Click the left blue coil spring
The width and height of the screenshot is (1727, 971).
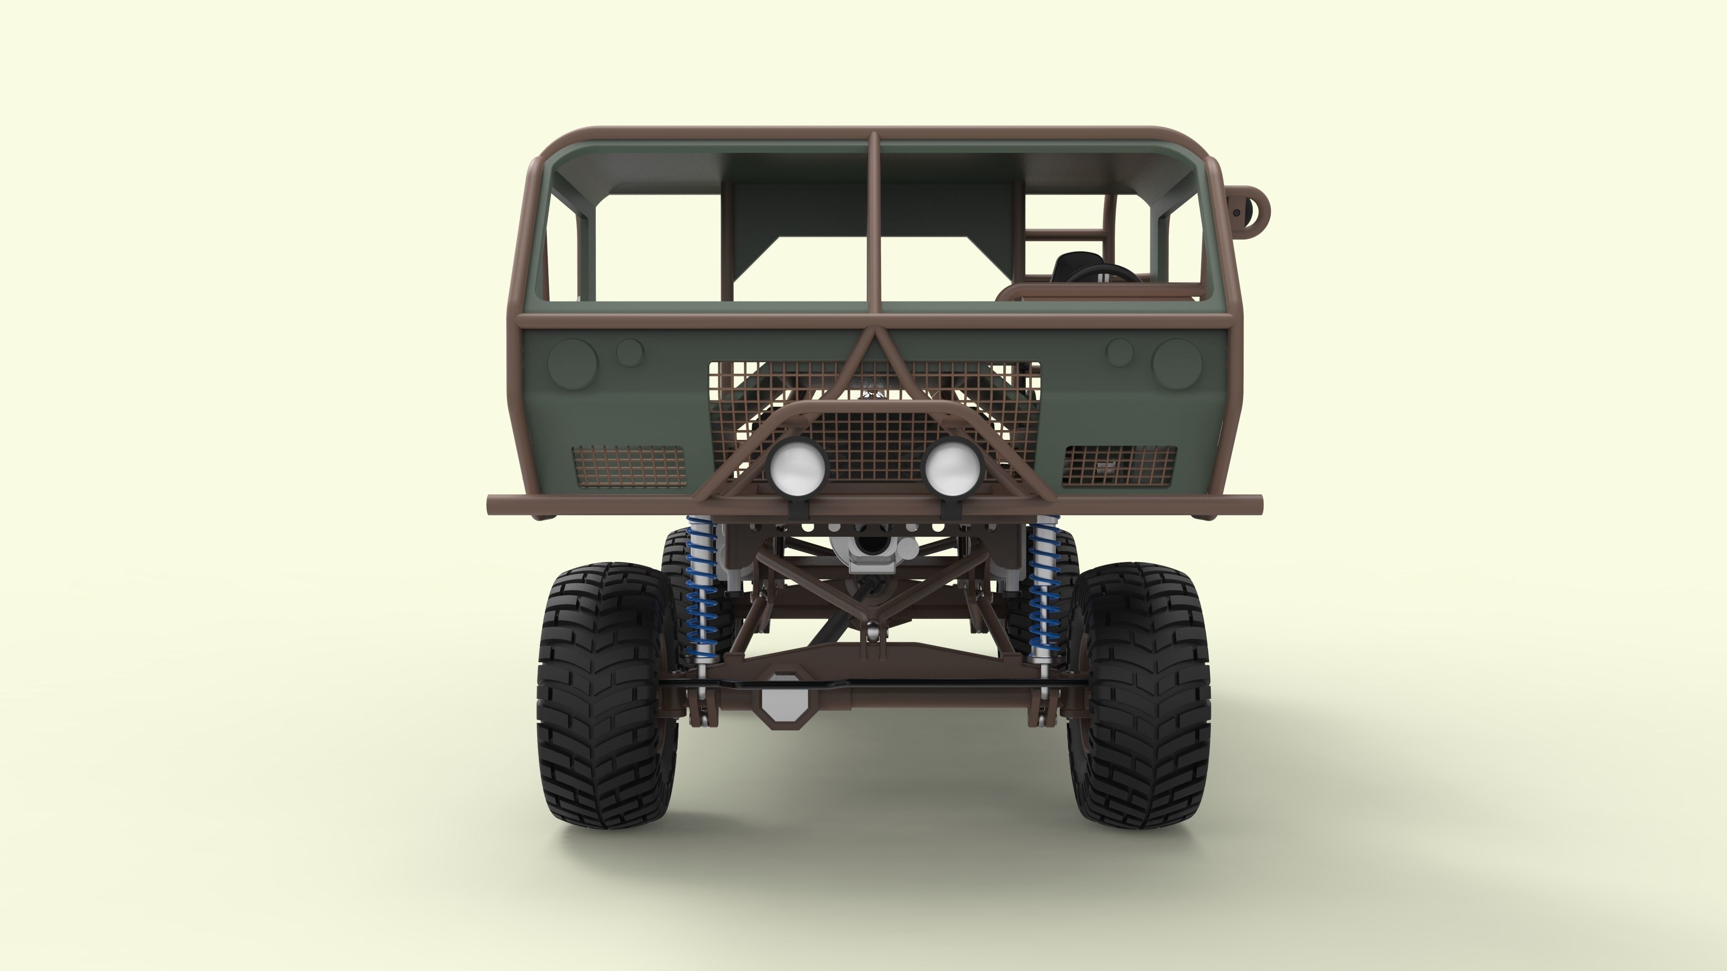coord(701,603)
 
